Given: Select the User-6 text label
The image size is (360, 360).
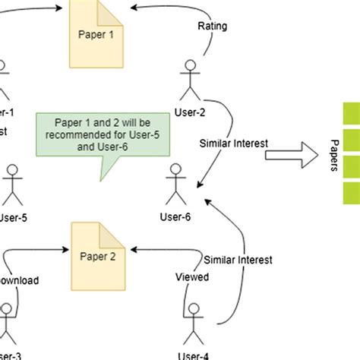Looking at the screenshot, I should click(x=175, y=217).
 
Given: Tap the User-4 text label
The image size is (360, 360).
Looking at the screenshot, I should click(x=195, y=353).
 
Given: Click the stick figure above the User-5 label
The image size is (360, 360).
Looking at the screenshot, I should click(x=12, y=182).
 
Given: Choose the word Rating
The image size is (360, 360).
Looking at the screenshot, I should click(x=213, y=27).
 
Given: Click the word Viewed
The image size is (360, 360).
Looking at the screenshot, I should click(x=192, y=277).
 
